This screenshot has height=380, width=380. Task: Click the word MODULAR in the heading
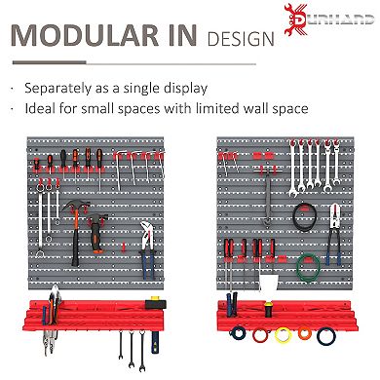point(83,39)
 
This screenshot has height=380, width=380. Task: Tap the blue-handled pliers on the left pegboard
point(145,268)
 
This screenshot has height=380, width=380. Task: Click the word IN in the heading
point(177,39)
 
